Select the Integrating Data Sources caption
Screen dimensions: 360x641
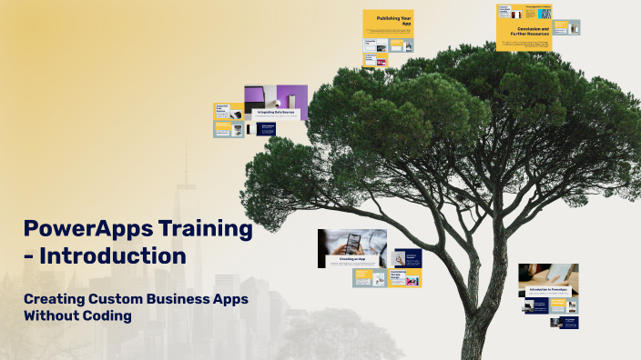pos(276,113)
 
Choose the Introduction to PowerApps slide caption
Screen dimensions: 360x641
pos(549,290)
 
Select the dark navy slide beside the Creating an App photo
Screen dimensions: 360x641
pos(407,258)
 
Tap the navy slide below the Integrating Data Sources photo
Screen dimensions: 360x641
pos(267,129)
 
